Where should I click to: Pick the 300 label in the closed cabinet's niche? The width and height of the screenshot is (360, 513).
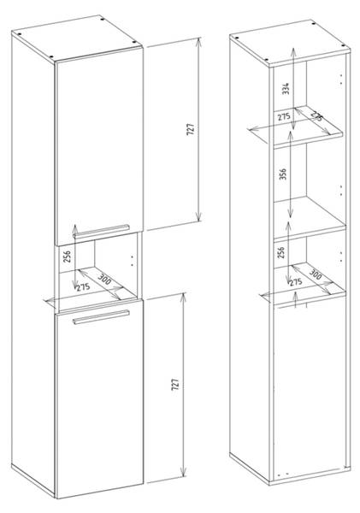(x=104, y=280)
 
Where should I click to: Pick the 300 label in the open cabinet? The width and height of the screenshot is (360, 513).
(x=315, y=275)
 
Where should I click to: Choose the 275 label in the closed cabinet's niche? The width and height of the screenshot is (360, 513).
(x=83, y=287)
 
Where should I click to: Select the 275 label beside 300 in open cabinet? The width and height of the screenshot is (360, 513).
(x=295, y=282)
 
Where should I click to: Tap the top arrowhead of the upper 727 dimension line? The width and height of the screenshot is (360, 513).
(x=199, y=41)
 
